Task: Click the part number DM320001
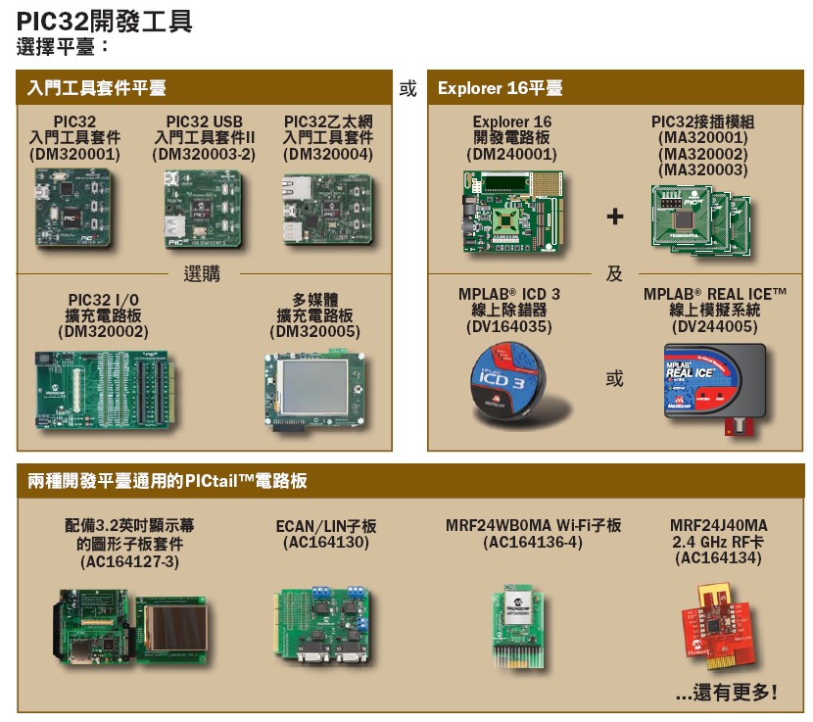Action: [x=74, y=155]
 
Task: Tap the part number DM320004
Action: [x=328, y=155]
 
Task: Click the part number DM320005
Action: [x=315, y=332]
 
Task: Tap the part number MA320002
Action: [x=702, y=155]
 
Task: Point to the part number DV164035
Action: [x=508, y=326]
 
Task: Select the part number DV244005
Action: [x=715, y=326]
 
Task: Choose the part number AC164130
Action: [x=326, y=542]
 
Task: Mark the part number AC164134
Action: [x=719, y=558]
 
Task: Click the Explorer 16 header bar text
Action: [x=501, y=89]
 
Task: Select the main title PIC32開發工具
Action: [x=104, y=20]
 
